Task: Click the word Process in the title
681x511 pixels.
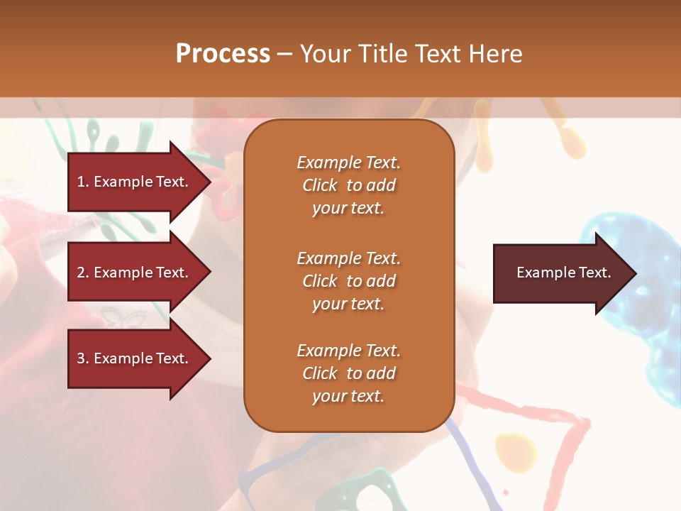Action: click(x=223, y=54)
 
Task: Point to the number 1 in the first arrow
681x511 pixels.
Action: click(x=81, y=182)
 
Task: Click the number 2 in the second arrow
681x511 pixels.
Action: click(x=81, y=273)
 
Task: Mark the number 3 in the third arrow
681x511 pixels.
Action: click(x=81, y=358)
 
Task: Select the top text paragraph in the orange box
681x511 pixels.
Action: click(x=348, y=185)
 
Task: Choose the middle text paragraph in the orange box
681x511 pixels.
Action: click(x=348, y=281)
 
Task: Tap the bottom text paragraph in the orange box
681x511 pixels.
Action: click(x=348, y=373)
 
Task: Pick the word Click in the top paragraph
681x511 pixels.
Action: click(x=320, y=186)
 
